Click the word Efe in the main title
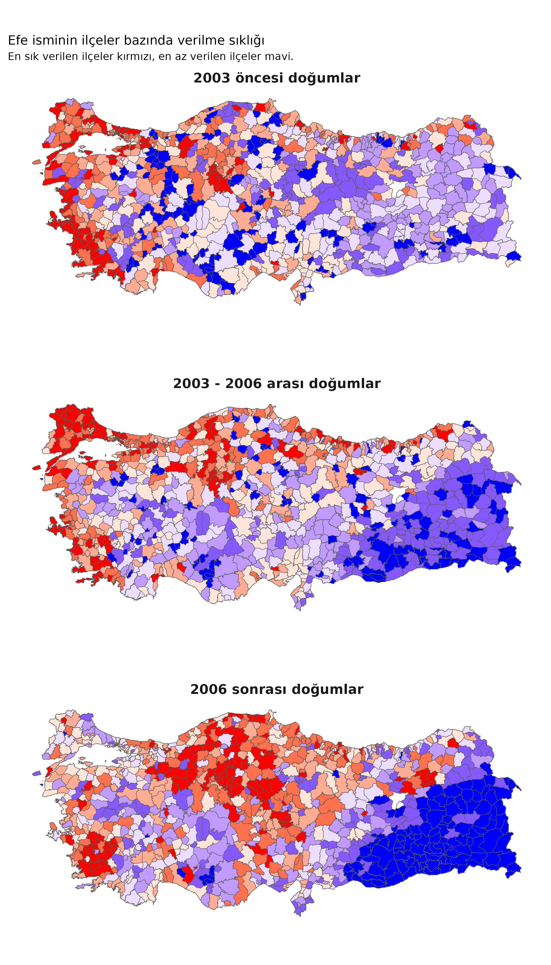16,40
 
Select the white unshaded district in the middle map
397,494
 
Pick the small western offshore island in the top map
37,162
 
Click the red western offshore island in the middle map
37,468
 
